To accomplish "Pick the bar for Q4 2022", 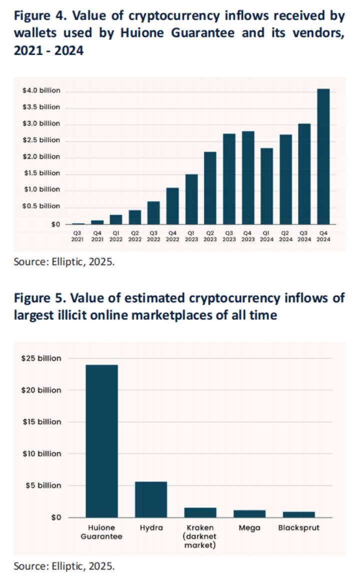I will click(172, 206).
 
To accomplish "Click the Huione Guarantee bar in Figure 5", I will click(102, 441).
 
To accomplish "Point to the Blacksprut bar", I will click(298, 514).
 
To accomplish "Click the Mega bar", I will click(249, 513).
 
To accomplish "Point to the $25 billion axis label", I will click(41, 358).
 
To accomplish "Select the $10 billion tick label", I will click(41, 453).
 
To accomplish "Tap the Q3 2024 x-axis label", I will click(304, 236).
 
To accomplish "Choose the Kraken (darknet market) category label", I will click(200, 536).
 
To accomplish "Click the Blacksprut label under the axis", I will click(298, 527).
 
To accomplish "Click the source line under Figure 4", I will click(64, 261).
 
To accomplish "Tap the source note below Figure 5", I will click(64, 566).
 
